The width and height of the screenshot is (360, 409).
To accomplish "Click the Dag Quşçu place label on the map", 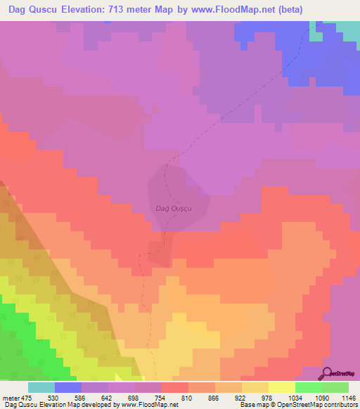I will coord(173,208).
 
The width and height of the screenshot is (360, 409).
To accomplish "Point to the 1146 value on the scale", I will coord(347,398).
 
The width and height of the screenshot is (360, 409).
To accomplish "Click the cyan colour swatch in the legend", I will coord(41,387).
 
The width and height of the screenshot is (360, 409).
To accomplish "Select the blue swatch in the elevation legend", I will coord(68,387).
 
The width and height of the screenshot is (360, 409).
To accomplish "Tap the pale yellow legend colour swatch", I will coord(282,387).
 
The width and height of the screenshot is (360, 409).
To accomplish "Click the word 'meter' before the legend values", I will coord(11,398).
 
